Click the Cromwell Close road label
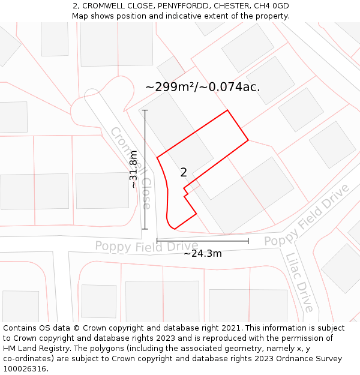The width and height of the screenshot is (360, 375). [130, 167]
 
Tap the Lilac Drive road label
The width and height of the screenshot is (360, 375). [299, 283]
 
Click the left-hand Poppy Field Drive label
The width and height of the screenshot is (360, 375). [146, 246]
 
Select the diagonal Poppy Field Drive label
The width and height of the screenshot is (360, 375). [307, 215]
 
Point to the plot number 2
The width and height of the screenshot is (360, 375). [184, 173]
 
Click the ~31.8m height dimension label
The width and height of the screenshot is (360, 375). [134, 169]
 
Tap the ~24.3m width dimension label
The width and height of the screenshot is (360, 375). [203, 253]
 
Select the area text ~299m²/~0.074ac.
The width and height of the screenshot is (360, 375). [203, 86]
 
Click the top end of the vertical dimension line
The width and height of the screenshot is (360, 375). [145, 110]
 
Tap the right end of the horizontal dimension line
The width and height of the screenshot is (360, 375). [248, 241]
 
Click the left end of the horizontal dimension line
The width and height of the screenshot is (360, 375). [157, 241]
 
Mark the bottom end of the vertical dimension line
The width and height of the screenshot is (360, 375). [145, 229]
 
